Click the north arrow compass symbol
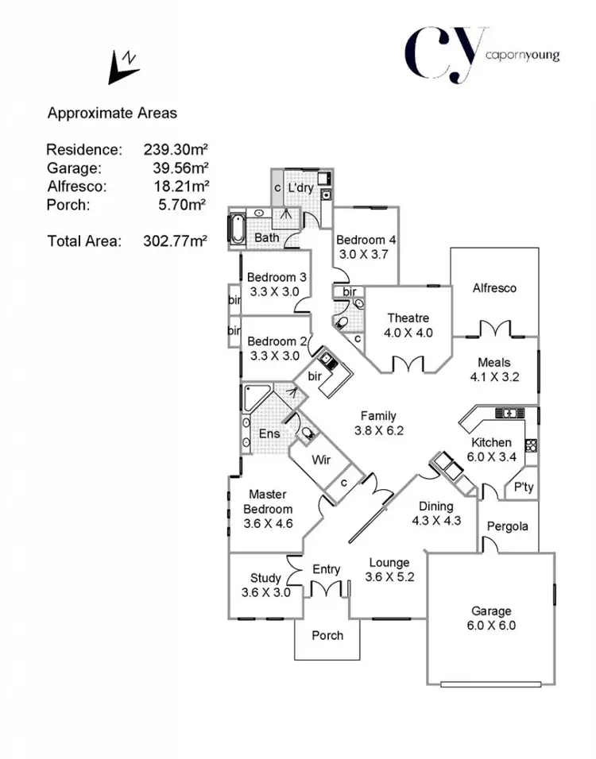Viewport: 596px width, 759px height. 123,67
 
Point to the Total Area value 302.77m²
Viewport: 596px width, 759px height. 176,241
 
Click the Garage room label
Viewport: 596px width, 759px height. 490,611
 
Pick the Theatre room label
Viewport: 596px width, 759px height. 408,318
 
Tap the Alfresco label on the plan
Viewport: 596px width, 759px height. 494,288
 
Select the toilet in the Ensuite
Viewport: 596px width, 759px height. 306,433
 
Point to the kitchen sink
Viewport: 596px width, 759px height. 506,413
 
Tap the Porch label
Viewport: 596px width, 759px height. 327,635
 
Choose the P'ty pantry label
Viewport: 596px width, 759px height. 523,487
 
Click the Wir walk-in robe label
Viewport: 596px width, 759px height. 320,460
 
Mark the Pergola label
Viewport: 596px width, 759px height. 508,526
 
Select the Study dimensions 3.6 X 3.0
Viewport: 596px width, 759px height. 265,592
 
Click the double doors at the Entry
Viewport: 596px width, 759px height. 327,589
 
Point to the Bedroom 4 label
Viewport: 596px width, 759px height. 366,240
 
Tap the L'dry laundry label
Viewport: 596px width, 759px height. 301,188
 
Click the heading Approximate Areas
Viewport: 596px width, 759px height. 112,114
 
